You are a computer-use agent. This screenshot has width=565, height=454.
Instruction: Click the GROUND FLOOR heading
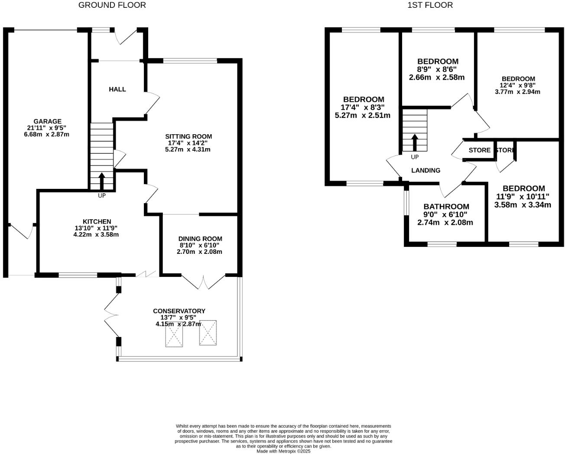112,5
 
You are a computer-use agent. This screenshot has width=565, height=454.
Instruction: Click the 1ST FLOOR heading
430,5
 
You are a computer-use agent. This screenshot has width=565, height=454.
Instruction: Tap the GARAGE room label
47,121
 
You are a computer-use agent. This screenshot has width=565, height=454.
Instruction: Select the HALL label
117,89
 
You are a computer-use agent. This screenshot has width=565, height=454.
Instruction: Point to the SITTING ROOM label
189,136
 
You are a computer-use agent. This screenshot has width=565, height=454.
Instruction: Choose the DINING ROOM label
200,239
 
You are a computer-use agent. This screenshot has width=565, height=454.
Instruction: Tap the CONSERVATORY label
179,311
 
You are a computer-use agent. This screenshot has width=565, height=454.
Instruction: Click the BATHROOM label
446,207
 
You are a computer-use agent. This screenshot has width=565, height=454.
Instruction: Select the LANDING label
425,171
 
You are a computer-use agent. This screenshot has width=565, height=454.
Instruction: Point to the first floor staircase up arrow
415,142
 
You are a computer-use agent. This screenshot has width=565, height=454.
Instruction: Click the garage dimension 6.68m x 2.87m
47,134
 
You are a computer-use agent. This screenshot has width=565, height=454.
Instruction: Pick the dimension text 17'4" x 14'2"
188,143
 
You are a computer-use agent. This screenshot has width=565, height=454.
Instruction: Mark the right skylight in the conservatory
208,333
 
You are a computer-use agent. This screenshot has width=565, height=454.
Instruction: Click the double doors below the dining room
203,282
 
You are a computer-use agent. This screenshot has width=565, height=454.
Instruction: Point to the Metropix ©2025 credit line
283,451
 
